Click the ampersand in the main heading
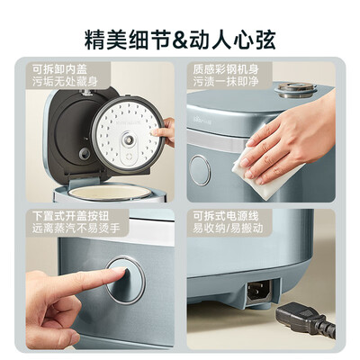(x=181, y=40)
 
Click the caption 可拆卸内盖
(x=60, y=69)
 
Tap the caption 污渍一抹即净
(x=226, y=82)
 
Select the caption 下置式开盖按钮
(x=71, y=216)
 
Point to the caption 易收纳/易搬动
(x=228, y=228)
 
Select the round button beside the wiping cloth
(x=200, y=170)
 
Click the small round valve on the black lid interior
(x=85, y=154)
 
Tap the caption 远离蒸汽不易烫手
(x=76, y=228)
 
